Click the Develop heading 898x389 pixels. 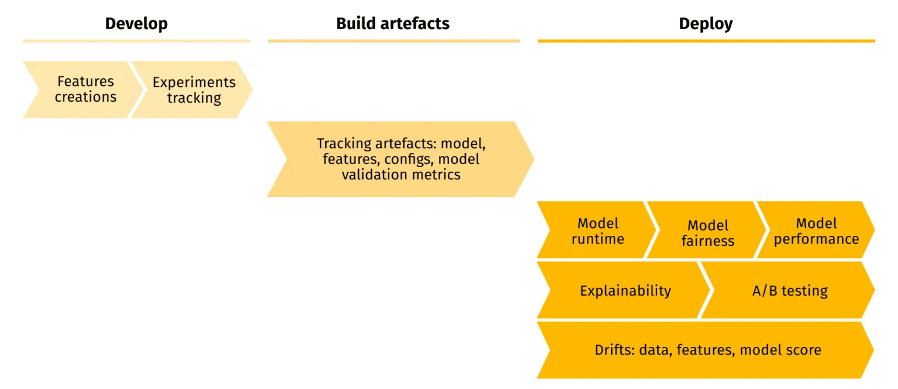pos(136,24)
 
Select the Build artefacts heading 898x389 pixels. pos(392,24)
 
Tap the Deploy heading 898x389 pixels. pos(705,24)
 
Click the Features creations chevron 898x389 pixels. pos(85,89)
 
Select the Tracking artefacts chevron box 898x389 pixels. pos(400,159)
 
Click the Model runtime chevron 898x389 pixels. pos(597,231)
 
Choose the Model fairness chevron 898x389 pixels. pos(707,232)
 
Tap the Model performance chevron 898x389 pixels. pos(816,231)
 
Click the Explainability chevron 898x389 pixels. pos(625,290)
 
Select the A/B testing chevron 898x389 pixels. pos(790,290)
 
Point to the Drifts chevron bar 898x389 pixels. pos(707,350)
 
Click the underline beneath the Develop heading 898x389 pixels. pos(136,41)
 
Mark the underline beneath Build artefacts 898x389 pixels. pos(393,41)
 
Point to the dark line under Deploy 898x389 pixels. pos(706,41)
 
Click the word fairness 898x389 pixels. pos(707,241)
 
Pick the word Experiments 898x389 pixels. pos(194,82)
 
